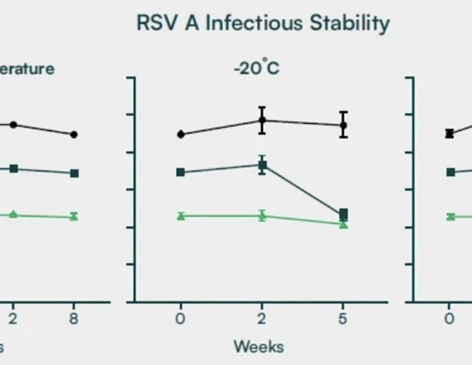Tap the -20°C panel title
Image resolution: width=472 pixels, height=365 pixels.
pos(257,68)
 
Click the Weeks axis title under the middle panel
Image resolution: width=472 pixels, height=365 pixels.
pos(258,347)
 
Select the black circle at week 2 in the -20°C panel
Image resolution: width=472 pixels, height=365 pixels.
pos(262,120)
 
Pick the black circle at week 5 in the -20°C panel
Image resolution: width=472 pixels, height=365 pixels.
pos(343,125)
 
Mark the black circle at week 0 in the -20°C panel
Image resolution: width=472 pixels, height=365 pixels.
pos(180,134)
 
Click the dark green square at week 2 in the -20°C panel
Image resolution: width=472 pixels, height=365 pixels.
pos(262,165)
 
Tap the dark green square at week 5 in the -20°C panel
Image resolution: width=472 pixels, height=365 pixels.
pos(343,214)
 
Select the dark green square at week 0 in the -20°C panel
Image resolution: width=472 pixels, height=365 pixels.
pos(180,172)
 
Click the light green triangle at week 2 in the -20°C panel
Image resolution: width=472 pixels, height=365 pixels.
pos(262,215)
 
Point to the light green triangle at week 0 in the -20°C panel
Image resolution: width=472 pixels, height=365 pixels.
pos(180,216)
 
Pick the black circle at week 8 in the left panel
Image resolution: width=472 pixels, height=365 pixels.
pos(74,135)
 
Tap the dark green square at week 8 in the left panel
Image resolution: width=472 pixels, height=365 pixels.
pos(74,173)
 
